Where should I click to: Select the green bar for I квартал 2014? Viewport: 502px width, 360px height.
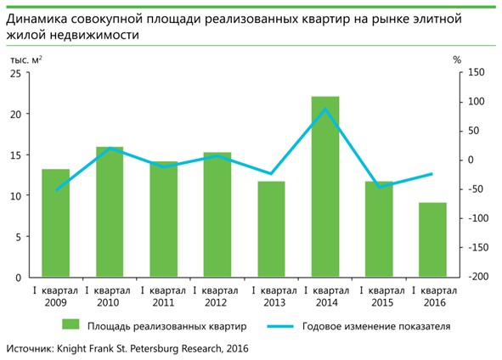[x=325, y=187]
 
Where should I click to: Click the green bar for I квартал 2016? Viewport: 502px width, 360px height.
[x=432, y=239]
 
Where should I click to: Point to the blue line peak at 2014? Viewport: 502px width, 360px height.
[x=325, y=109]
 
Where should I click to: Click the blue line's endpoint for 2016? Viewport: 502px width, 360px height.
[x=432, y=174]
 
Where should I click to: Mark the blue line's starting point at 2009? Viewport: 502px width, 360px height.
[x=56, y=189]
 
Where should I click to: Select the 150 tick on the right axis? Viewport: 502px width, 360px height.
[x=477, y=73]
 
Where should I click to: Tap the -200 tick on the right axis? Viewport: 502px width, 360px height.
[x=476, y=277]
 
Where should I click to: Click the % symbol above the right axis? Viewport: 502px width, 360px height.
[x=457, y=59]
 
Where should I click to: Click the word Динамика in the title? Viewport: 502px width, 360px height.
[x=41, y=18]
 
